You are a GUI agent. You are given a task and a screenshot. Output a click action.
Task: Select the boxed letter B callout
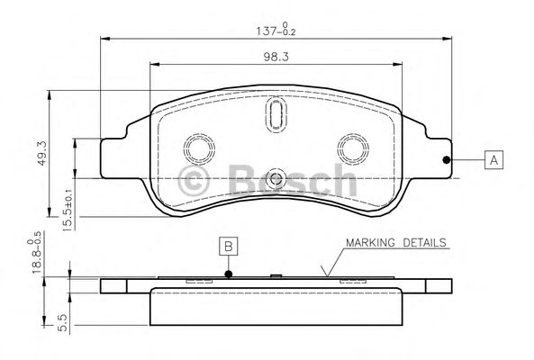coord(229,245)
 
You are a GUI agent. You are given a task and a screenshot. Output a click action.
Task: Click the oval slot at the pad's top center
coord(275,115)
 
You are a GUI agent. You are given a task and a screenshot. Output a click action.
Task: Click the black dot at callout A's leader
coord(447,160)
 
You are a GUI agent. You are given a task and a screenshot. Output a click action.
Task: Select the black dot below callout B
coord(229,274)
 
